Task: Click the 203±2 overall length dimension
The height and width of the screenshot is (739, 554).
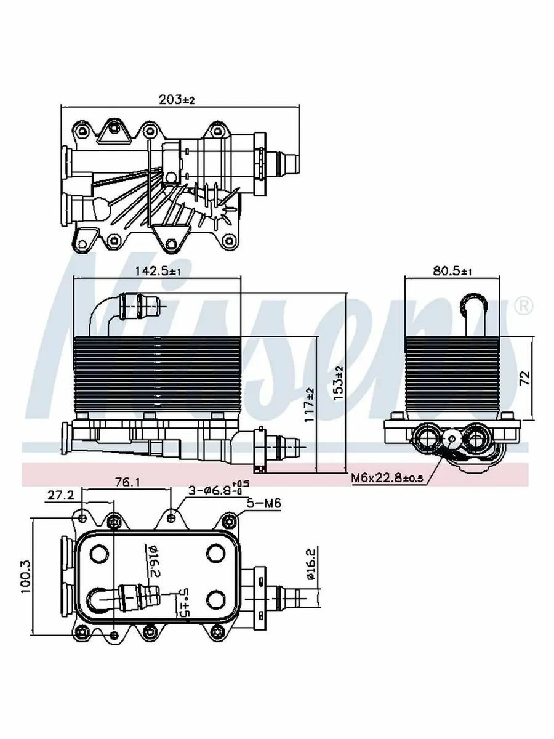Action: (177, 100)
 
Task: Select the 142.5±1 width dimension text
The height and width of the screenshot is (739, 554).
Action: (158, 271)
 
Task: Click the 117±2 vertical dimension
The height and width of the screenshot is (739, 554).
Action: (310, 404)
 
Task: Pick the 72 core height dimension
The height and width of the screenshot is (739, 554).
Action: (524, 378)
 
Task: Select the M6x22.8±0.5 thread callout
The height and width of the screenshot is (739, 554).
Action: (387, 478)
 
